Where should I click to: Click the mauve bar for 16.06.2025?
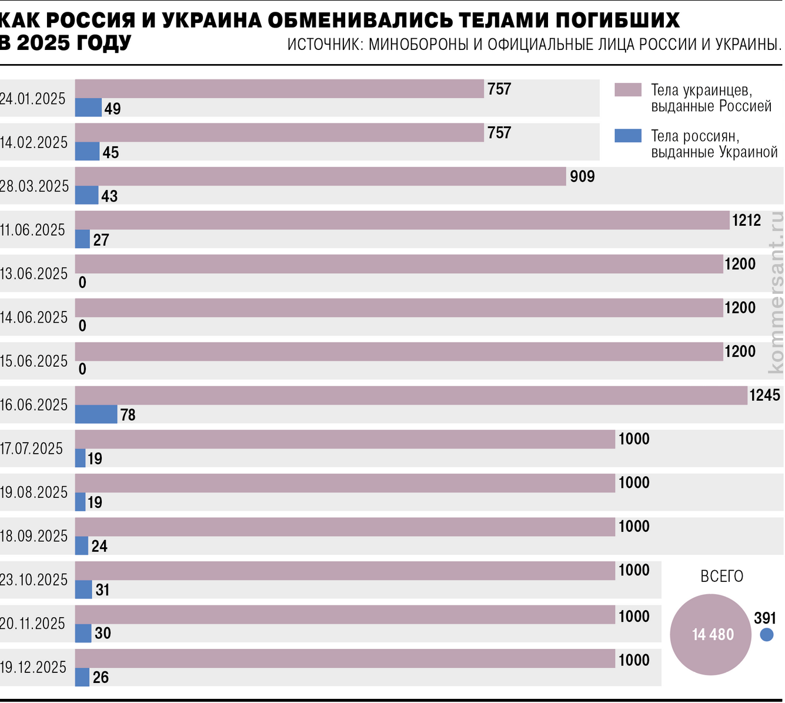(411, 396)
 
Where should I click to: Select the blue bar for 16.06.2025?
(96, 414)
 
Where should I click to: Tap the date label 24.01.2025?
(33, 99)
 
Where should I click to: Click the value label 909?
(582, 176)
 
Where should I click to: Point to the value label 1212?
(746, 220)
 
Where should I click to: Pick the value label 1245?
(764, 395)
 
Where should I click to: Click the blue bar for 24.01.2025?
(88, 108)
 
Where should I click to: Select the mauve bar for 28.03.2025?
(320, 176)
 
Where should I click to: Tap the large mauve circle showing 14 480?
(710, 634)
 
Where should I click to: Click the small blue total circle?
(766, 635)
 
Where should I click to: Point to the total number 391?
(765, 618)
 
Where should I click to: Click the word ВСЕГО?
(721, 577)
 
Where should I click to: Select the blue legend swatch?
(627, 136)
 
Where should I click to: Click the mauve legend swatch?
(627, 90)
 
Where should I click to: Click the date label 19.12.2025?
(34, 668)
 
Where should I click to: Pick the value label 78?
(128, 415)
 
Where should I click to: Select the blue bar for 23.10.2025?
(83, 590)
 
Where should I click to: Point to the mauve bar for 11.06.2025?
(402, 220)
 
